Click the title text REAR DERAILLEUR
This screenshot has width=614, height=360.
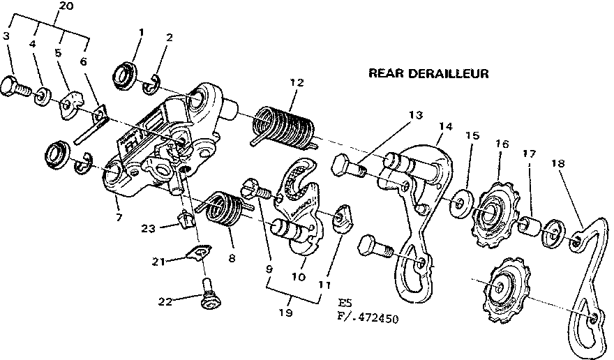tap(428, 73)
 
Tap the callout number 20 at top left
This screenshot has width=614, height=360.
tap(66, 6)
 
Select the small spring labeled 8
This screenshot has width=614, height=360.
tap(225, 210)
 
